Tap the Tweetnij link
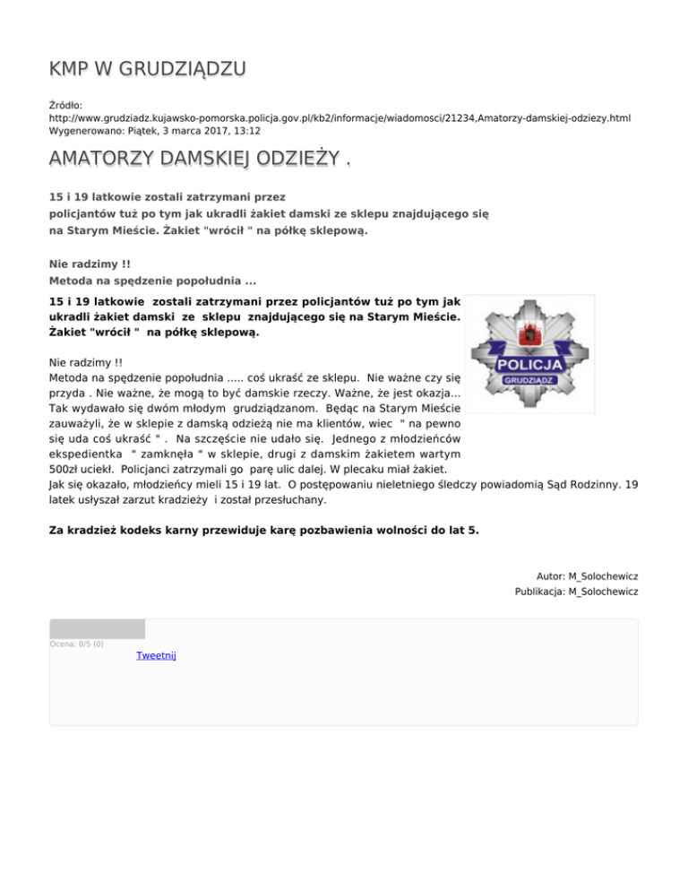156,655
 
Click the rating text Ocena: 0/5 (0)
76,644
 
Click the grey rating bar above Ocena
97,628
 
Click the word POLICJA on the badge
529,365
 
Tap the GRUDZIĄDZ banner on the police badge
529,380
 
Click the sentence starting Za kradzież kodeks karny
263,530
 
